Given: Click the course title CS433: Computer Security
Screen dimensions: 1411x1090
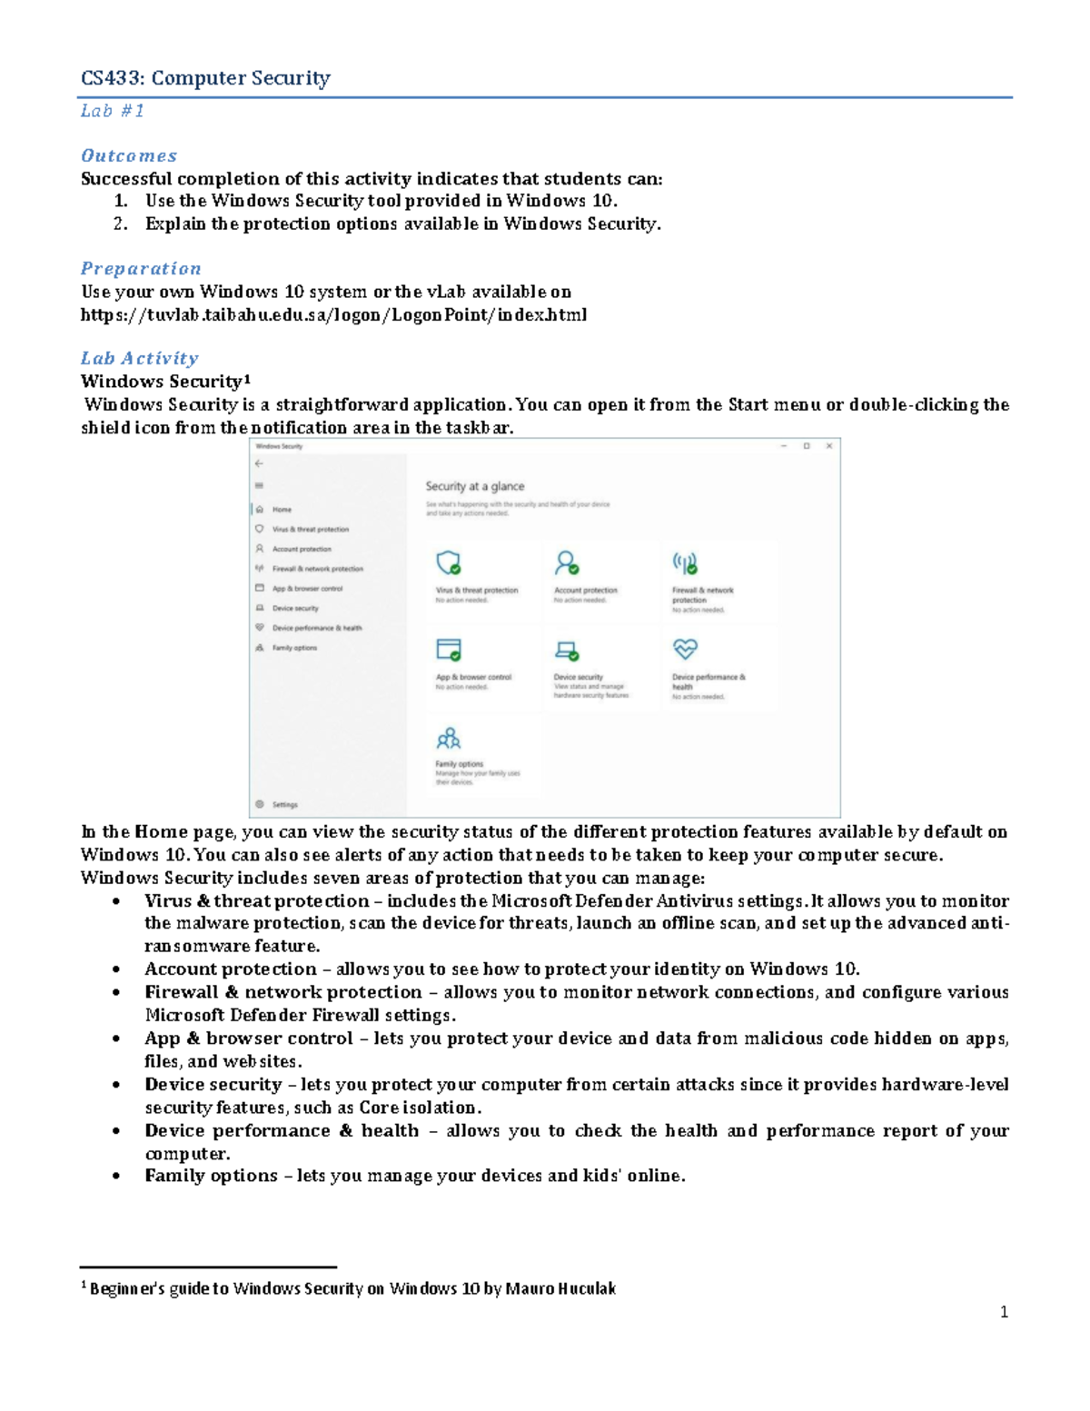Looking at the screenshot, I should click(x=205, y=78).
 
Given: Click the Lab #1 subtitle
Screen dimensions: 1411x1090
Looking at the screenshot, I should click(x=113, y=111).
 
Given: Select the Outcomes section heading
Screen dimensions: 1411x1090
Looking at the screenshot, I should click(x=129, y=155).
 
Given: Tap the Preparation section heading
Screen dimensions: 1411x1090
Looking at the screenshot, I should click(x=141, y=268).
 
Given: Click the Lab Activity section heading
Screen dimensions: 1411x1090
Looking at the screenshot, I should click(x=139, y=358).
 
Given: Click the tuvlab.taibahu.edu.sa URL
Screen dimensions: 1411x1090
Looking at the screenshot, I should click(x=333, y=314).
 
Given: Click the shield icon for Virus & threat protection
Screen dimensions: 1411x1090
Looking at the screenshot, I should click(x=449, y=563).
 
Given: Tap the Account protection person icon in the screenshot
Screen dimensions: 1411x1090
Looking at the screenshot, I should click(x=567, y=563).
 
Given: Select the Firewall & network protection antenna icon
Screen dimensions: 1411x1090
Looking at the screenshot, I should click(x=685, y=563).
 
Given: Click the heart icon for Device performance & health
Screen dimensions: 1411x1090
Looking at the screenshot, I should click(x=685, y=649).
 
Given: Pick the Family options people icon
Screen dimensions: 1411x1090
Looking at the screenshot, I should click(x=449, y=737).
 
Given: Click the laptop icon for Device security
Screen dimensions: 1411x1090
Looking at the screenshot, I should click(x=567, y=650).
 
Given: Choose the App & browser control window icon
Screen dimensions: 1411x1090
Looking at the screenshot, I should click(x=449, y=650).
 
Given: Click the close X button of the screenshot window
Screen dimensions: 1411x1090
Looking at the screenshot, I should click(x=828, y=446).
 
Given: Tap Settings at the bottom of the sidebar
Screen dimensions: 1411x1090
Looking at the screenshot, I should click(x=284, y=805).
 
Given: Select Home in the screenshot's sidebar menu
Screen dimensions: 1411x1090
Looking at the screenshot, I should click(x=282, y=510).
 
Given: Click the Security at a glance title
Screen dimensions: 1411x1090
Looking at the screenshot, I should click(x=475, y=486).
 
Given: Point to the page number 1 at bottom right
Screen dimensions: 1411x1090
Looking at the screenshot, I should click(x=1004, y=1312).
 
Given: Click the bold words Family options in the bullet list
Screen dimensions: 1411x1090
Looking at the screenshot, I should click(x=211, y=1176).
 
